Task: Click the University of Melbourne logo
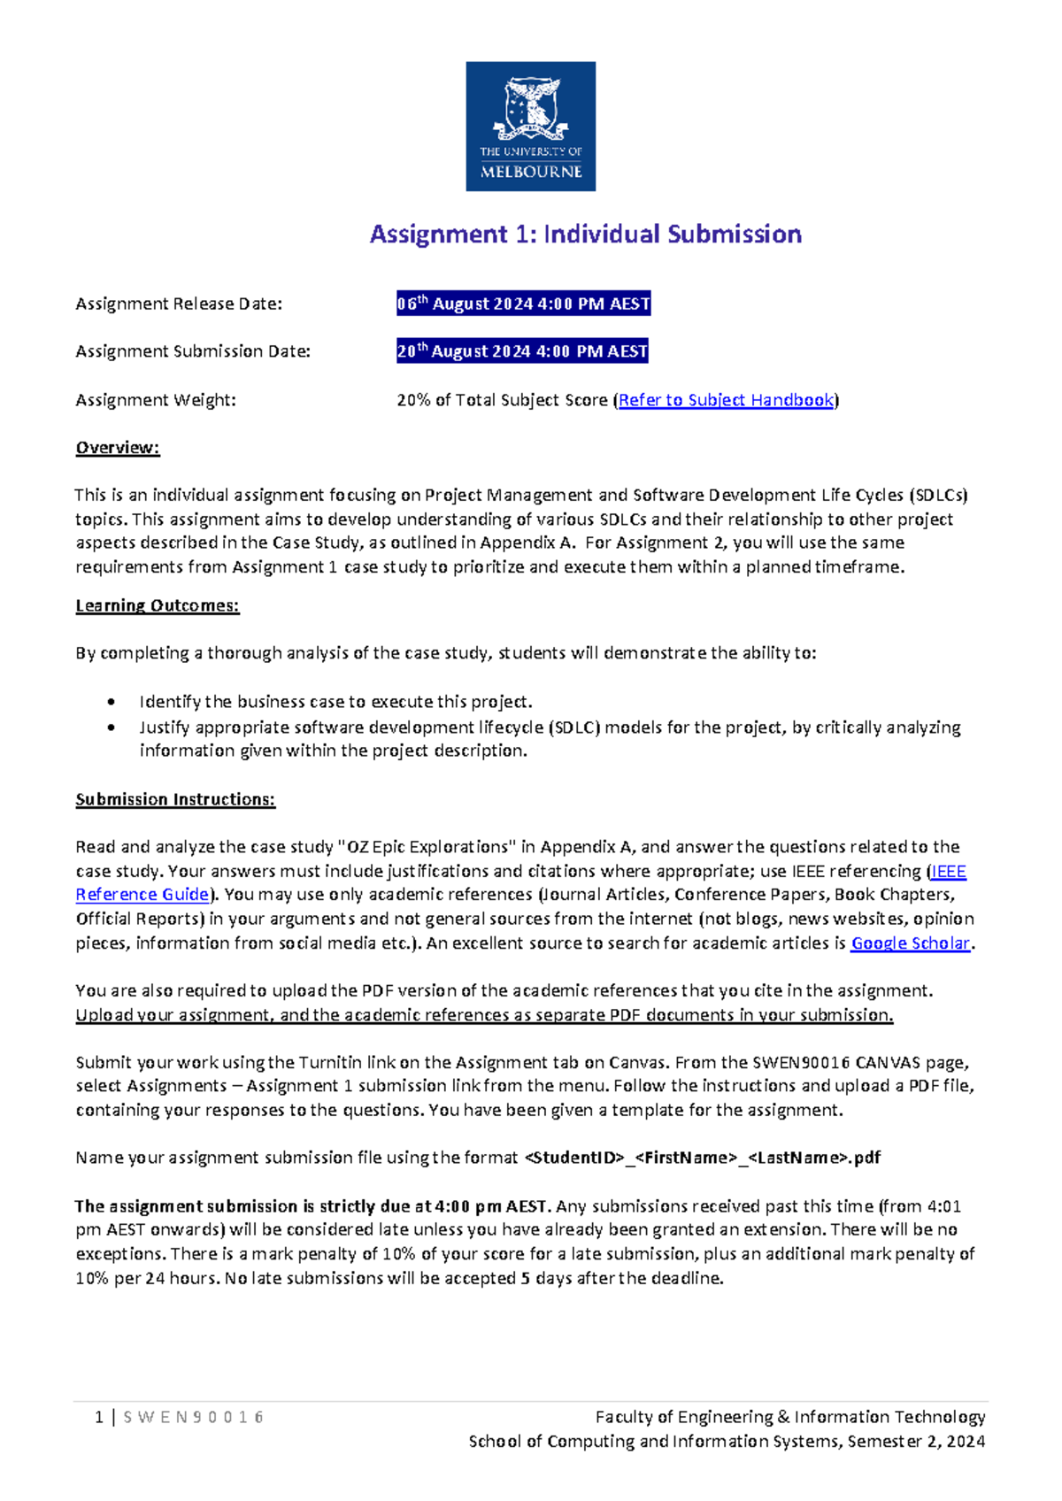click(530, 126)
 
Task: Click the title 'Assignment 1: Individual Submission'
click(585, 235)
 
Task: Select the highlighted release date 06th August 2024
click(523, 304)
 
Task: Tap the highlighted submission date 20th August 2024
click(522, 351)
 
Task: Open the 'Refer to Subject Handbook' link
click(726, 400)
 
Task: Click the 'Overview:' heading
click(118, 448)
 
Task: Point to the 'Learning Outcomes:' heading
click(158, 605)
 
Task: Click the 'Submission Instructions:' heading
click(175, 799)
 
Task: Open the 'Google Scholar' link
click(911, 943)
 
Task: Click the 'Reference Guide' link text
click(142, 895)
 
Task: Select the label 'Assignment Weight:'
click(156, 400)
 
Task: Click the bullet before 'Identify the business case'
click(111, 702)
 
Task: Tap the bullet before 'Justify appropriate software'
click(111, 727)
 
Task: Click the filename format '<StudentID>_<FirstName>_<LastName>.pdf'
click(702, 1158)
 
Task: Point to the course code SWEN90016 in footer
click(193, 1417)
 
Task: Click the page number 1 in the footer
click(99, 1417)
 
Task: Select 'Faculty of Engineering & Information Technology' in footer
click(789, 1417)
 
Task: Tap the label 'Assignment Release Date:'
click(179, 304)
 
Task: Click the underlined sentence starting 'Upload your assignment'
click(484, 1015)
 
